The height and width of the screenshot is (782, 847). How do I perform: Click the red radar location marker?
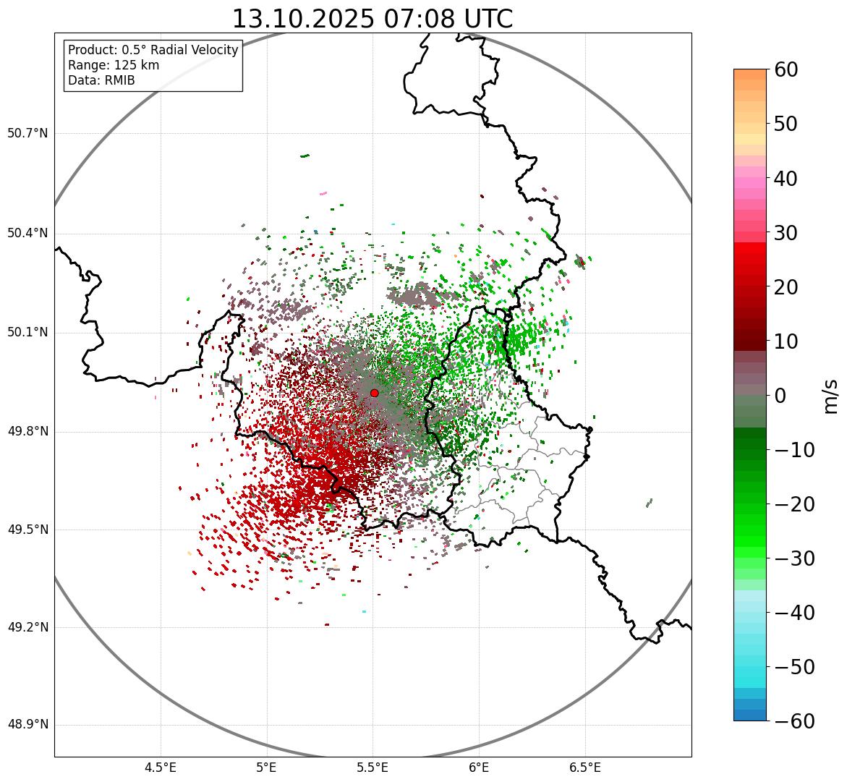pos(374,393)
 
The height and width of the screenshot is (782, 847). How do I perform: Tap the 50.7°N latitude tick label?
pos(27,134)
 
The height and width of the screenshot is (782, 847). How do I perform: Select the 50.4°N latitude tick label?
pos(27,233)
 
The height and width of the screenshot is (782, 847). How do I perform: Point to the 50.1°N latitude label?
pos(27,333)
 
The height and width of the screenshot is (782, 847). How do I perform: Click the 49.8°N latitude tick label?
pos(27,432)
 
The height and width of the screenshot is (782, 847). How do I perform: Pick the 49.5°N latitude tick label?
pos(27,530)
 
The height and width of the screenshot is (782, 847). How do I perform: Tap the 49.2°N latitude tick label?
pos(27,627)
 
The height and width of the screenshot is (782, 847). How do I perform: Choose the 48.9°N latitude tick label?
pos(27,725)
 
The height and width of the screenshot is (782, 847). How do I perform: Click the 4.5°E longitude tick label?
pos(161,767)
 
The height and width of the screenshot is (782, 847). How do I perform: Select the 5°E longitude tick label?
pos(267,767)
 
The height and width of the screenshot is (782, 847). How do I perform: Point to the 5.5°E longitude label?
pos(373,767)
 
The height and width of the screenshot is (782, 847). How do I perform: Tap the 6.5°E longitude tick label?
pos(584,767)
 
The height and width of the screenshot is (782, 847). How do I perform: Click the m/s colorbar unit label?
pos(830,395)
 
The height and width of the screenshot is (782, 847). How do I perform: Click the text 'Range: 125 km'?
pos(114,65)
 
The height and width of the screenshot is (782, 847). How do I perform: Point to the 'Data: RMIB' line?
pos(101,80)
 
